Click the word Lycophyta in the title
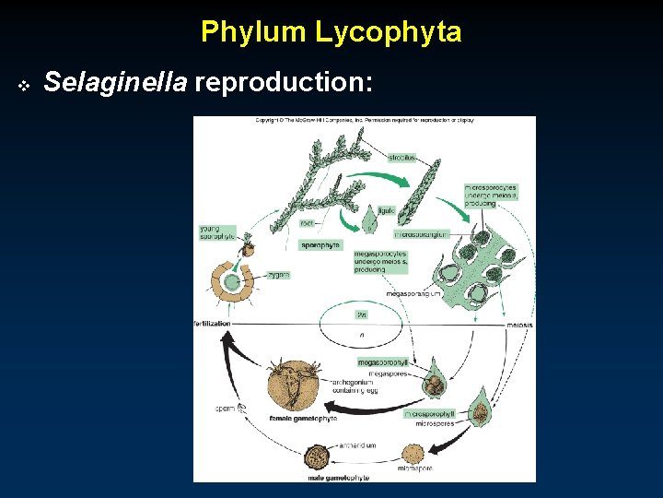pyautogui.click(x=387, y=32)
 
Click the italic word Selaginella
pyautogui.click(x=116, y=83)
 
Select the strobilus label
pyautogui.click(x=401, y=158)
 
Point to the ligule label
pyautogui.click(x=386, y=210)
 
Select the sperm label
pyautogui.click(x=225, y=408)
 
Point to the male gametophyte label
pyautogui.click(x=339, y=478)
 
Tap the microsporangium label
pyautogui.click(x=420, y=234)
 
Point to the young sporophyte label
pyautogui.click(x=217, y=233)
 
